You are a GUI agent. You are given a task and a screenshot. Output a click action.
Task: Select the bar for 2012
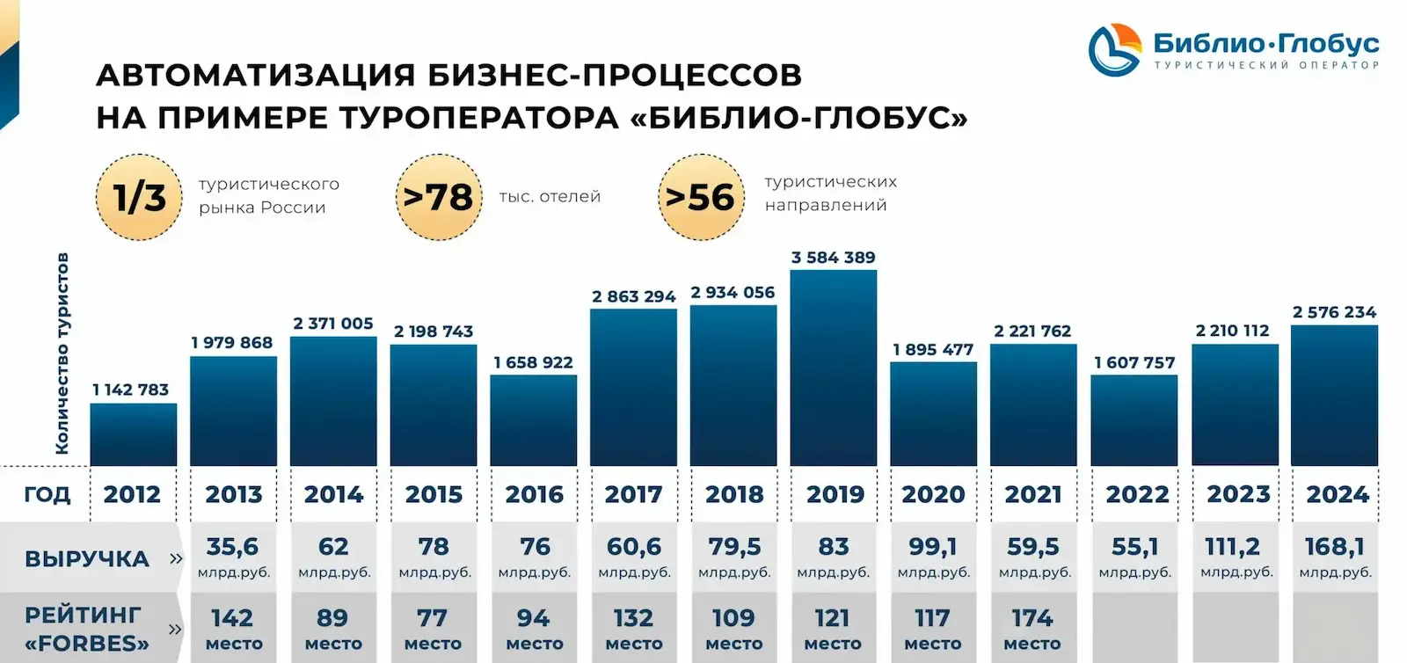(x=133, y=434)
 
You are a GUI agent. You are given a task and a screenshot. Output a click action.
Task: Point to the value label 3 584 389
(x=833, y=258)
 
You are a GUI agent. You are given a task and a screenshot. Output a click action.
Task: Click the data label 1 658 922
(x=533, y=362)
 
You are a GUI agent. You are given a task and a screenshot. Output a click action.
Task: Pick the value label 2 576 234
(x=1334, y=312)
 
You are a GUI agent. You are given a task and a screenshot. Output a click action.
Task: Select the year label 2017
(x=633, y=494)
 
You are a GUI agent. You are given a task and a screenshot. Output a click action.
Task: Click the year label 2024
(x=1337, y=494)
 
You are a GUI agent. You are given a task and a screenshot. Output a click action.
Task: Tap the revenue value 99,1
(x=933, y=547)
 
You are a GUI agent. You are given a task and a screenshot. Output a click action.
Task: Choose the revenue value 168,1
(x=1334, y=547)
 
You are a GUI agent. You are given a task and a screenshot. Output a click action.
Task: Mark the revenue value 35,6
(x=232, y=547)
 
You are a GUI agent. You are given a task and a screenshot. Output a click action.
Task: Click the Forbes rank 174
(x=1032, y=618)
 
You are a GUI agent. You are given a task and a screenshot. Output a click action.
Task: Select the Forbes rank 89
(x=332, y=618)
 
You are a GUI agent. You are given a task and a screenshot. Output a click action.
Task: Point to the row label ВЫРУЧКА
(x=87, y=559)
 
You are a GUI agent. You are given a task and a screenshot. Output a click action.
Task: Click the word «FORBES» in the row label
(x=87, y=643)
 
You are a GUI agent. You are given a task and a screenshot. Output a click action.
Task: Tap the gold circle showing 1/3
(x=139, y=198)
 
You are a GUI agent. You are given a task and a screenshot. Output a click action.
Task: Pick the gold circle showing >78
(x=438, y=198)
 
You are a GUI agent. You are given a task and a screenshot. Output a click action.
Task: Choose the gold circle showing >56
(x=700, y=198)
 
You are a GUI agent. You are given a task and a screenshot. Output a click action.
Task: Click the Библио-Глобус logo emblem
(x=1114, y=50)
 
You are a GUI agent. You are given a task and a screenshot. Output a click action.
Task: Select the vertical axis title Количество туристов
(x=62, y=353)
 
